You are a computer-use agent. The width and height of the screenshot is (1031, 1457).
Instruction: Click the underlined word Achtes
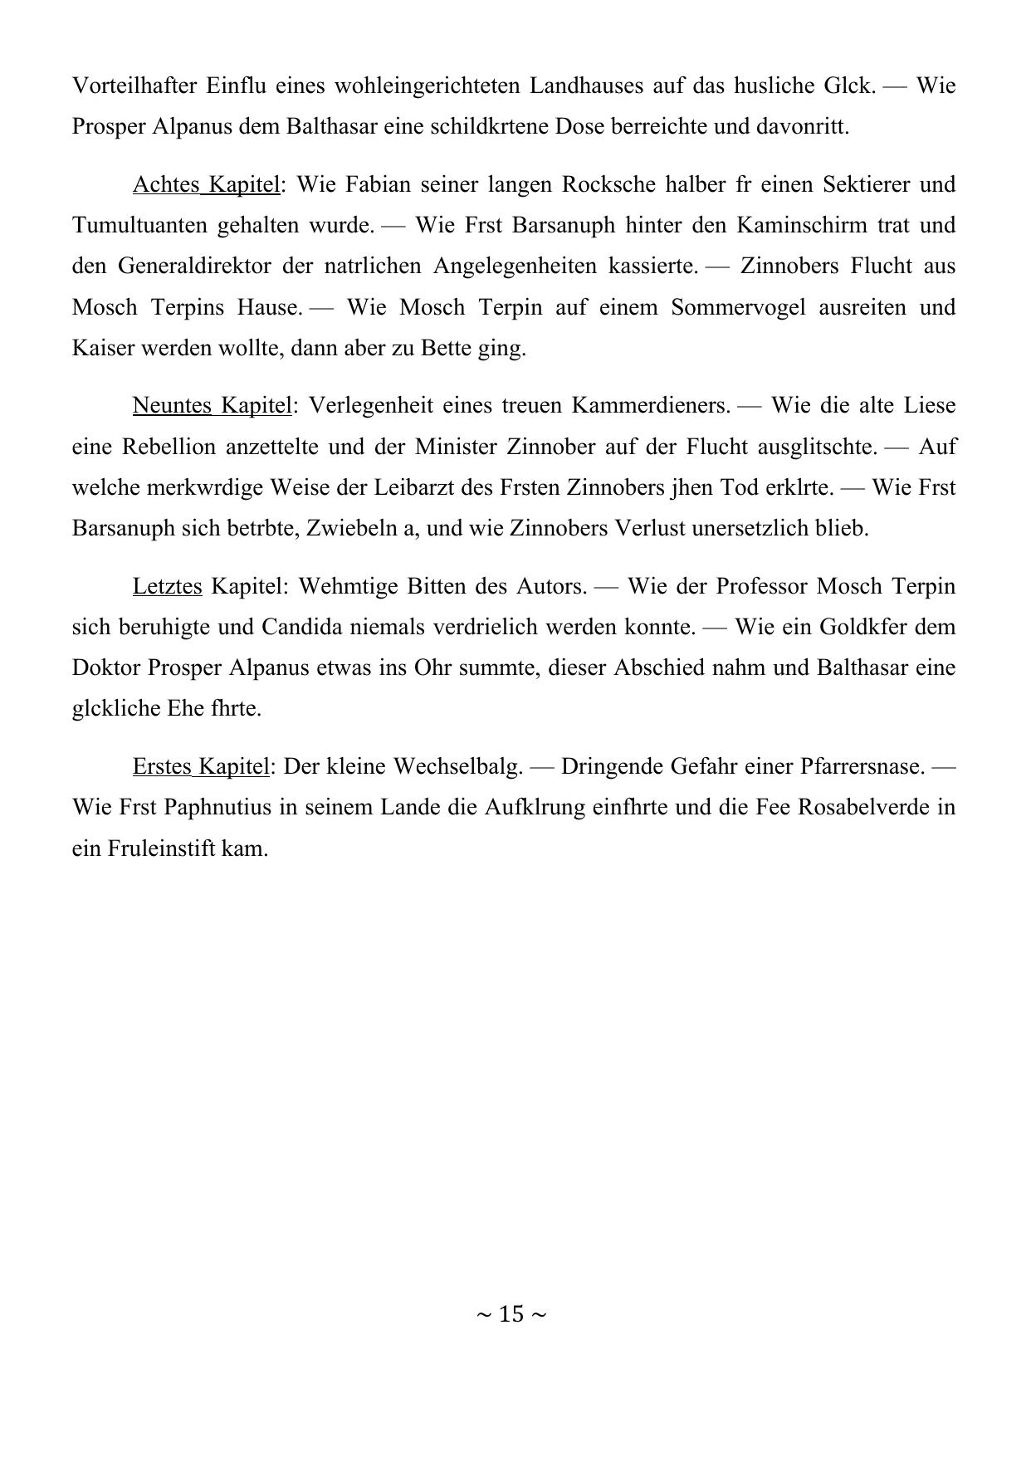pyautogui.click(x=166, y=183)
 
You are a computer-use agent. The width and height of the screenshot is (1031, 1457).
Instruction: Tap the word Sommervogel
pyautogui.click(x=738, y=307)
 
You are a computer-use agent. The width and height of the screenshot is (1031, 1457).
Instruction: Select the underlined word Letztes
pyautogui.click(x=167, y=586)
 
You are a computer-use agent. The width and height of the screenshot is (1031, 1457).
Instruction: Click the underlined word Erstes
pyautogui.click(x=163, y=766)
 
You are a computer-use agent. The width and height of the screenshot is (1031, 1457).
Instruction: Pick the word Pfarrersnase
pyautogui.click(x=862, y=766)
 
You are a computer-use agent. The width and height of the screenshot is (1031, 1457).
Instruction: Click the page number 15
pyautogui.click(x=512, y=1313)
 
